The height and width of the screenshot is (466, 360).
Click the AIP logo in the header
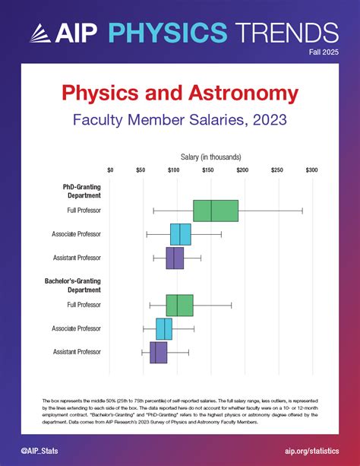pyautogui.click(x=54, y=33)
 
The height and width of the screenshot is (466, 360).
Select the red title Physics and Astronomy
pyautogui.click(x=179, y=95)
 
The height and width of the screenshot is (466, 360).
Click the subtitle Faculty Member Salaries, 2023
pyautogui.click(x=179, y=120)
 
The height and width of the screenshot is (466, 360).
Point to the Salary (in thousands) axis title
pyautogui.click(x=210, y=156)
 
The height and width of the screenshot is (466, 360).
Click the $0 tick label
pyautogui.click(x=111, y=170)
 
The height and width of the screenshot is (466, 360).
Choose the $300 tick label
pyautogui.click(x=311, y=170)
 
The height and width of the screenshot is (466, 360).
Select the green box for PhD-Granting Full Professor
pyautogui.click(x=216, y=211)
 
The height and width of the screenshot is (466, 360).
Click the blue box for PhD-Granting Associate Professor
pyautogui.click(x=180, y=234)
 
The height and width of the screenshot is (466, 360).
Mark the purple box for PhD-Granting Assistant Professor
pyautogui.click(x=175, y=258)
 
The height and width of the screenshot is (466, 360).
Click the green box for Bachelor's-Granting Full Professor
pyautogui.click(x=179, y=305)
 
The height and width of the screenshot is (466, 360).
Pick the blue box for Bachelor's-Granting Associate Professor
pyautogui.click(x=164, y=329)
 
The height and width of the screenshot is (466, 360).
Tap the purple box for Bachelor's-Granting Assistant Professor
pyautogui.click(x=158, y=352)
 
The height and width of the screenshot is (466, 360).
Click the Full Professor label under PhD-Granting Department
pyautogui.click(x=84, y=210)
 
